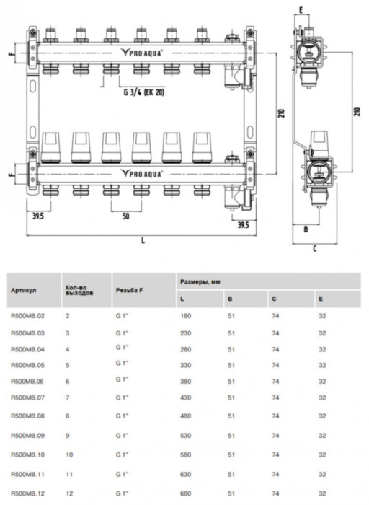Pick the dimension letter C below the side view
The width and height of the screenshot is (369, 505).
tap(315, 249)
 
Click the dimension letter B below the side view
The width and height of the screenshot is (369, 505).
tap(306, 229)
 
